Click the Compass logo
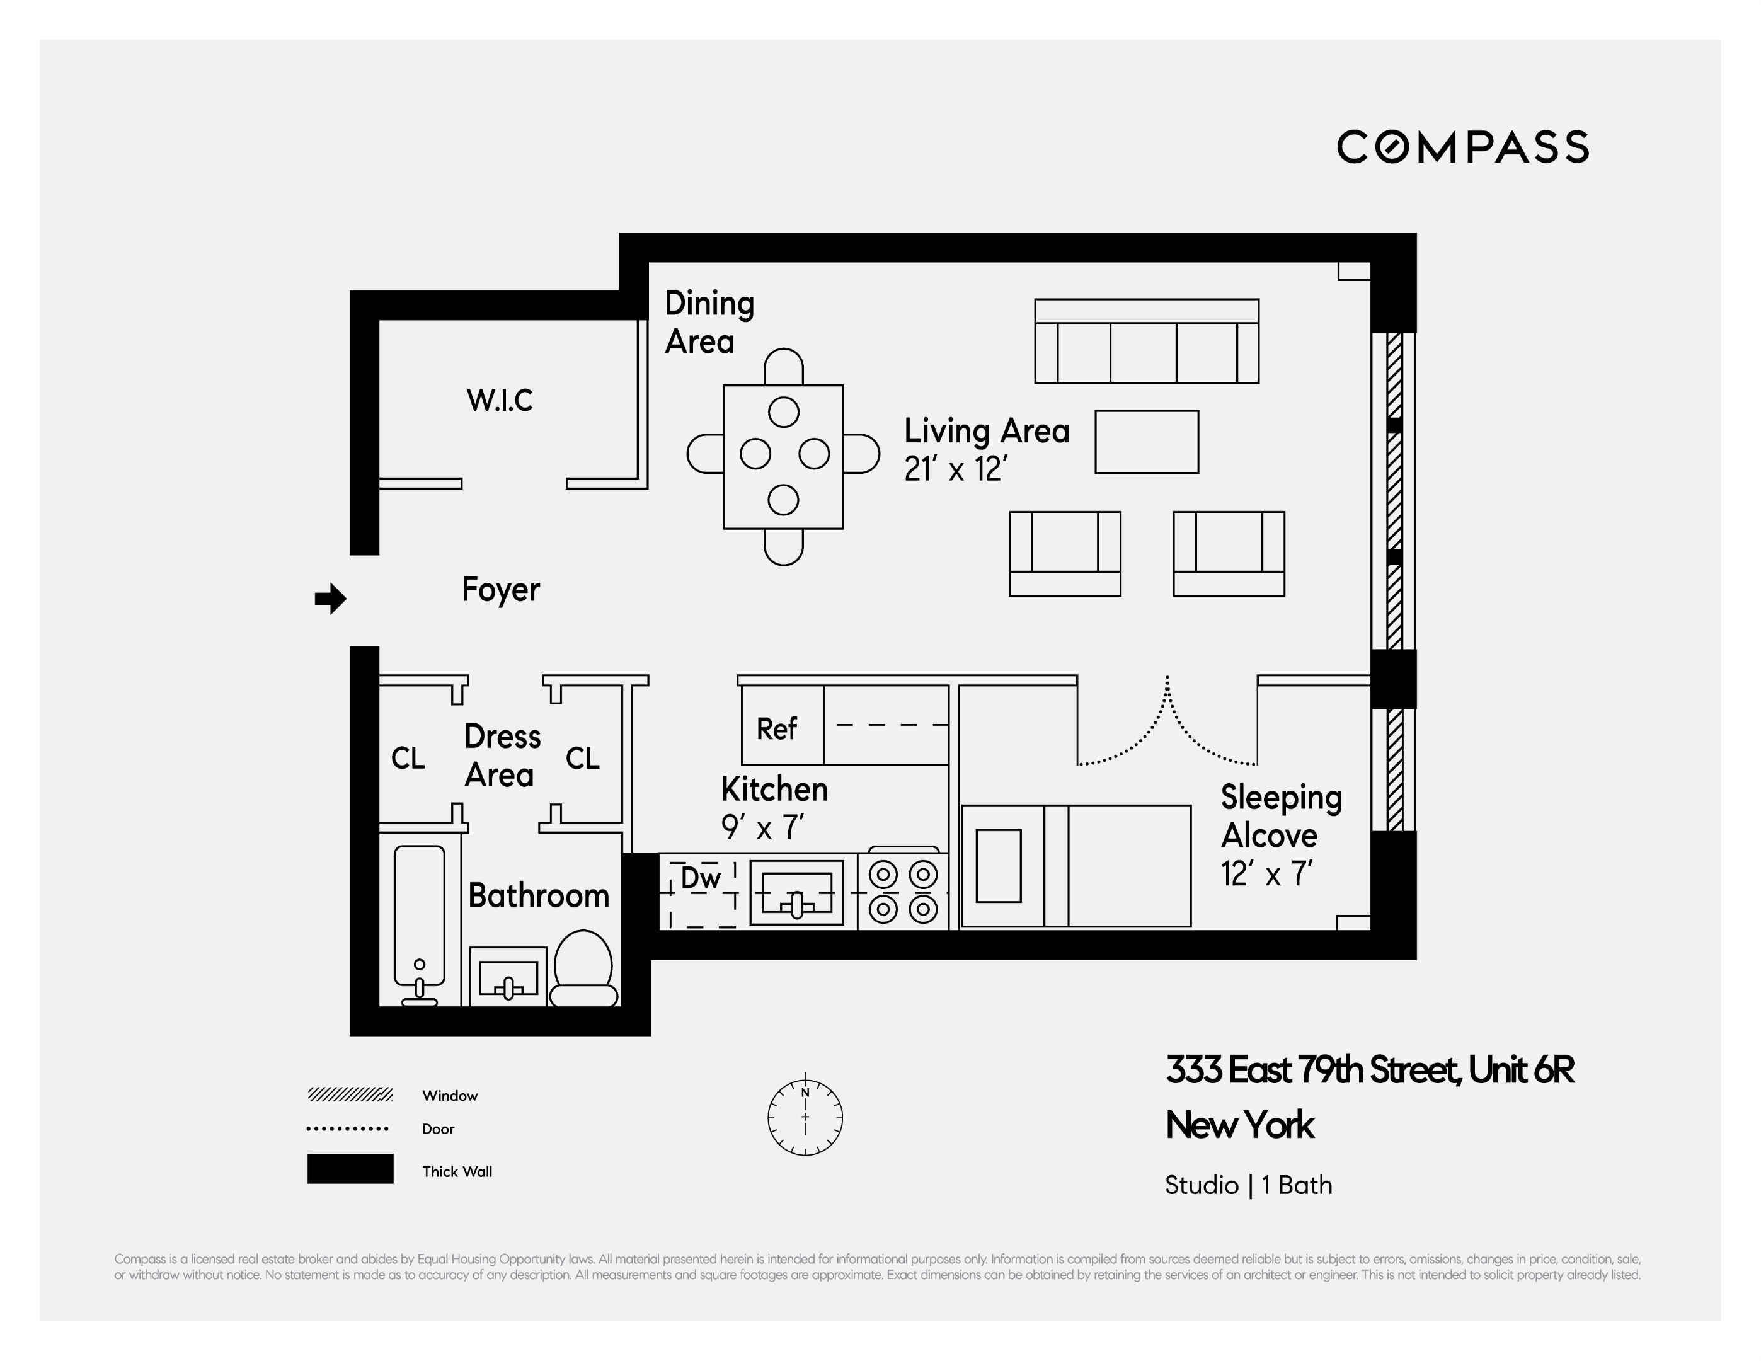(x=1462, y=147)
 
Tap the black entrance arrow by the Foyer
(x=330, y=598)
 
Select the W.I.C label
(x=499, y=400)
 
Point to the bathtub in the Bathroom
(x=419, y=919)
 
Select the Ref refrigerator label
(x=776, y=729)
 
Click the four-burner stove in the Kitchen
(x=903, y=892)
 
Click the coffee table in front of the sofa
(x=1146, y=442)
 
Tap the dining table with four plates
(x=783, y=456)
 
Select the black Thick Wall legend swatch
(x=350, y=1169)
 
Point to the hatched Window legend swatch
(x=350, y=1094)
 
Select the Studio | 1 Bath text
(x=1248, y=1185)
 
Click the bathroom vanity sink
(x=508, y=979)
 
